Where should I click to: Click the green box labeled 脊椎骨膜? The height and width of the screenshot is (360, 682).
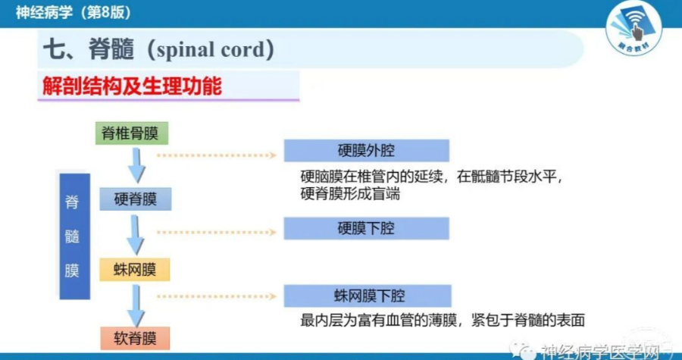click(x=132, y=133)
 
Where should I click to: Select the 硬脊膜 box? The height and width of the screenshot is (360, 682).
click(x=136, y=199)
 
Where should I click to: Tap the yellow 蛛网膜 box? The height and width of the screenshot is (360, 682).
click(x=134, y=270)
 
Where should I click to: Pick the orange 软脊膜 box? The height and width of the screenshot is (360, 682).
click(x=135, y=338)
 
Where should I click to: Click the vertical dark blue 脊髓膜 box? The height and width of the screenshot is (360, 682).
click(x=75, y=236)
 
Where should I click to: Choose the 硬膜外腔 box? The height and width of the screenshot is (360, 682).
click(x=366, y=150)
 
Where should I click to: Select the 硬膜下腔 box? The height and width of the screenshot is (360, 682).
click(x=366, y=228)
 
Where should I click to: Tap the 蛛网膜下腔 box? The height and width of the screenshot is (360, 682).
click(x=368, y=296)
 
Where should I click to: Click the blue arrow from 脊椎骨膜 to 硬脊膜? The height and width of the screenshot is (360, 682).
click(x=136, y=165)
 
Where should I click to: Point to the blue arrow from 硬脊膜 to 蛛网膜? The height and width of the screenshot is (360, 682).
click(x=136, y=235)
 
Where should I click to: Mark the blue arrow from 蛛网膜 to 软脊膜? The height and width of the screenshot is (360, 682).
click(x=136, y=305)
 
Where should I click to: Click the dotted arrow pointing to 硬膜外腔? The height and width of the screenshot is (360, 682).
click(x=217, y=155)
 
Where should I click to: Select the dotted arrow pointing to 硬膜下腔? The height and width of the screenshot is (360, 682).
click(x=217, y=233)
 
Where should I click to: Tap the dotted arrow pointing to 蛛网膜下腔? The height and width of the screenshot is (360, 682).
click(x=217, y=296)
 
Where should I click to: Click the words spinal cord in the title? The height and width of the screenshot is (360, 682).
click(x=211, y=50)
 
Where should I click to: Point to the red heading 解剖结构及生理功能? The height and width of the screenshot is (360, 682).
click(x=132, y=86)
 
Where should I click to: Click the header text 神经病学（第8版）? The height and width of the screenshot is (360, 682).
click(x=73, y=12)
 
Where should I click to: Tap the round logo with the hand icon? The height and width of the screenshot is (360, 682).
click(x=634, y=27)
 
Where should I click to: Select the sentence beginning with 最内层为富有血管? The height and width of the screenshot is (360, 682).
click(x=443, y=321)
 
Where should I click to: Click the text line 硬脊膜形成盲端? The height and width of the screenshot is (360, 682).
click(x=350, y=193)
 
